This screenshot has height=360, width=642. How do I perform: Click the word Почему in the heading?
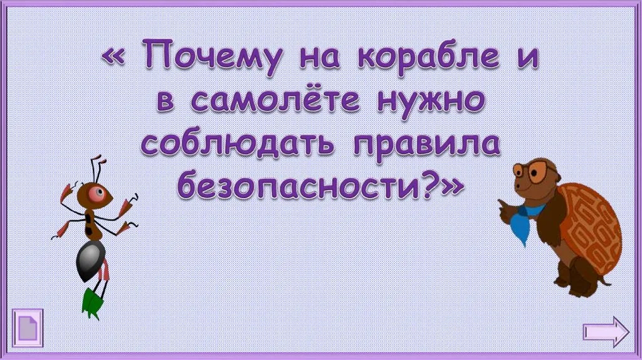[212, 57]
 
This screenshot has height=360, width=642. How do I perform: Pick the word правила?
[426, 146]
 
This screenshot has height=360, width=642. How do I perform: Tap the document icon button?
[28, 328]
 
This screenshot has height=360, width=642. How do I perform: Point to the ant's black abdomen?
[90, 260]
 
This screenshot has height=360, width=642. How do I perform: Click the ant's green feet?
[92, 303]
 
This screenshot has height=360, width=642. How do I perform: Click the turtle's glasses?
[534, 171]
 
